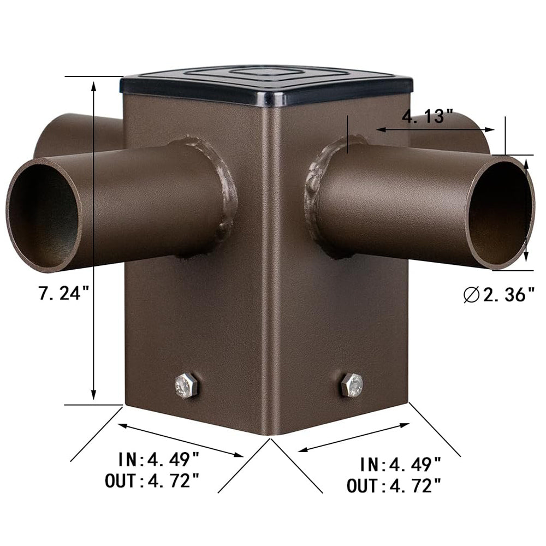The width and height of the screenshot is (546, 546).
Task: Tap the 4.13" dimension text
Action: [x=428, y=116]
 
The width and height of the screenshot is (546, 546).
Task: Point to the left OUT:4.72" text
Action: [x=152, y=481]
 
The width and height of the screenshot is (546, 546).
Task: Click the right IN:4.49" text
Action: [x=400, y=464]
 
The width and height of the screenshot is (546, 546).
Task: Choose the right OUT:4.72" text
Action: [x=394, y=484]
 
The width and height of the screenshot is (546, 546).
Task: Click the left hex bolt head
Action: [x=187, y=386]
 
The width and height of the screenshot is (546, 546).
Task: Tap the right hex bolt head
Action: [x=352, y=385]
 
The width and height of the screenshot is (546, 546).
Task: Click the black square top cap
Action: [x=268, y=85]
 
